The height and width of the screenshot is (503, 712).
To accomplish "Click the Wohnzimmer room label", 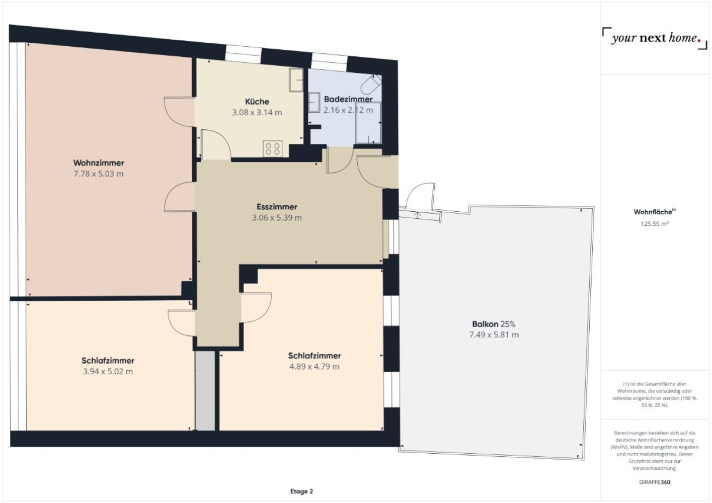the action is pos(99,163).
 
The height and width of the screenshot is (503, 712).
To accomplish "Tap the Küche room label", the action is pos(257,102).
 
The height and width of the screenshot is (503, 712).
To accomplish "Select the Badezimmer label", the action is pos(348,99).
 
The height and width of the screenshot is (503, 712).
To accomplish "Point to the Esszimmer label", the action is pos(277,207).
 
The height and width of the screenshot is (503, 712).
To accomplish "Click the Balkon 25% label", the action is pos(494,324).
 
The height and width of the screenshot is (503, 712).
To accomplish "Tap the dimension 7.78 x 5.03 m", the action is pos(99,174).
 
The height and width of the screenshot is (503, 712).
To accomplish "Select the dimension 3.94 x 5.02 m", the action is pos(108,371).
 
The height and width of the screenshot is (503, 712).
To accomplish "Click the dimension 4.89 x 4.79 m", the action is pos(314,367).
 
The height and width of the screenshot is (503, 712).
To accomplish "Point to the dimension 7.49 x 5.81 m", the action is pos(494,335).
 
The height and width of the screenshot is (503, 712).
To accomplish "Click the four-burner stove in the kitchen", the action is pos(272,149).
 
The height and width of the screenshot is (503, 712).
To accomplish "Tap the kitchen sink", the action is pos(296,80).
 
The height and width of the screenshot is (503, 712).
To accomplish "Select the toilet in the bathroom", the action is pos(371,85).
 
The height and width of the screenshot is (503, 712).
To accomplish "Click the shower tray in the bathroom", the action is pos(368,123).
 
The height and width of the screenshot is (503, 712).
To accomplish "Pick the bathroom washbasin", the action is pos(314,102).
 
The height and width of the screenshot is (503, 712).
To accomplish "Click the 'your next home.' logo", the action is pos(655,38).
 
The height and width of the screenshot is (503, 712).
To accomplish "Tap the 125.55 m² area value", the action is pos(655,224).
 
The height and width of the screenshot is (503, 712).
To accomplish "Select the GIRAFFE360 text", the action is pos(655,482).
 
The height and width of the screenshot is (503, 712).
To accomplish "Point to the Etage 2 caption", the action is pos(301,491).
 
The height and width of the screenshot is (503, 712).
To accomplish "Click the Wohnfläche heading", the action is pos(655,212).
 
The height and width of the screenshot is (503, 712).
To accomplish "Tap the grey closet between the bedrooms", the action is pos(205,390).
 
